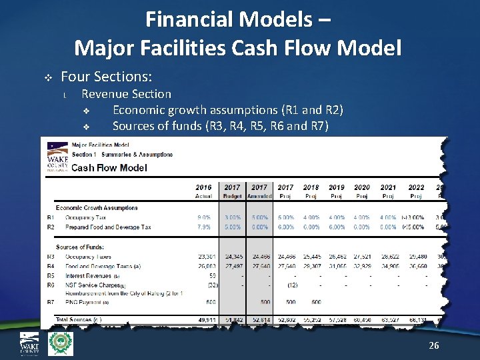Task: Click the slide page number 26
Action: (434, 345)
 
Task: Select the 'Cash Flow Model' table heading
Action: (109, 167)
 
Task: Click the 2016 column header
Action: (204, 187)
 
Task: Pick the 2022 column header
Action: (416, 187)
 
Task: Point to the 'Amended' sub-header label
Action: (259, 196)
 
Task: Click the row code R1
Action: (50, 217)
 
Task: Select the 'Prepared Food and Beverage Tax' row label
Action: (107, 227)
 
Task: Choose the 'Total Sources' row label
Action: (79, 320)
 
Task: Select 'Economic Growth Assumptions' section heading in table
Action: (97, 207)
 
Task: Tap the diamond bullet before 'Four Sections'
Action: (47, 78)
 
